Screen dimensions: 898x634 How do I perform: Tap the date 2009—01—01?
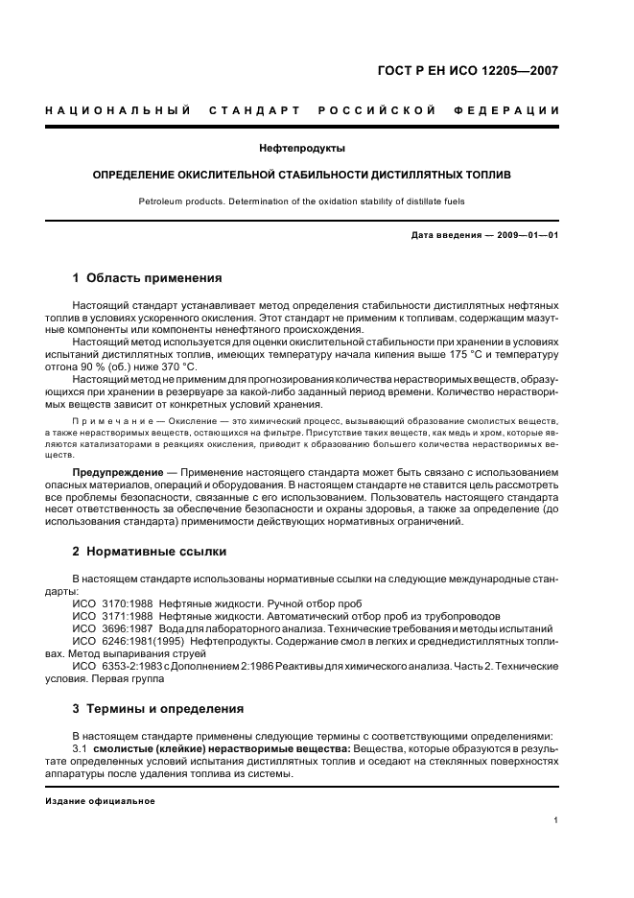click(x=527, y=235)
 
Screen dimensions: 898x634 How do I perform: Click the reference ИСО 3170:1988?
click(x=111, y=603)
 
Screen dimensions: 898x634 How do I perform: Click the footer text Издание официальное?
click(x=100, y=800)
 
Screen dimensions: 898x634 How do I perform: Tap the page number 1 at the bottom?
click(x=556, y=819)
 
